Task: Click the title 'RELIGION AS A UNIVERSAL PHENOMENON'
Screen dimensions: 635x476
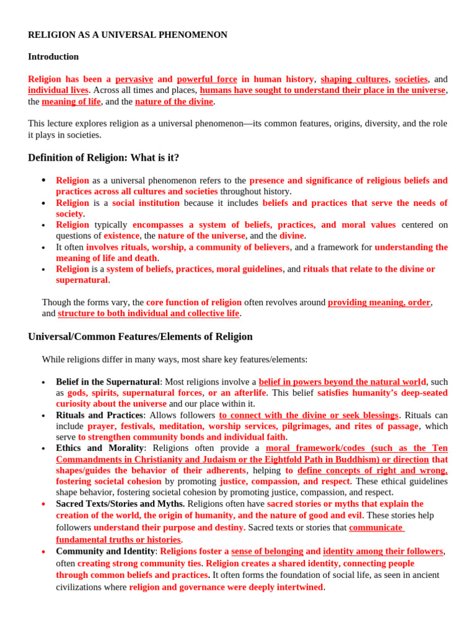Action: (x=128, y=35)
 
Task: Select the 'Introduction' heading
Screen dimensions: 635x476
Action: (x=53, y=56)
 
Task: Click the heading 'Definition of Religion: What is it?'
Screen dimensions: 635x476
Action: (x=104, y=158)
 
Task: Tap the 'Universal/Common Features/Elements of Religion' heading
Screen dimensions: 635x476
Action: (x=140, y=336)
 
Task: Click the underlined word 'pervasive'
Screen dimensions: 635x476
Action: (x=134, y=79)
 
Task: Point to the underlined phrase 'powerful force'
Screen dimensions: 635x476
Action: (x=207, y=79)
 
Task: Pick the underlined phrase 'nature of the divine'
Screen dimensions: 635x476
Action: (x=174, y=102)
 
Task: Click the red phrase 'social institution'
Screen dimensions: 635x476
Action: (x=146, y=203)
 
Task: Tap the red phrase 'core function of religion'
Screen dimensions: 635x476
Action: (x=194, y=303)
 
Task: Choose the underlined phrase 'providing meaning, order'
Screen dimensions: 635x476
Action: (x=379, y=303)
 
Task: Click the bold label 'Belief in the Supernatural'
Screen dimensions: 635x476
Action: (x=108, y=382)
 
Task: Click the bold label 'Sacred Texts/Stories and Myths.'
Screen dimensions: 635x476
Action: (x=120, y=504)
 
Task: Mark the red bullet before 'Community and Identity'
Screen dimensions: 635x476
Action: (x=43, y=551)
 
